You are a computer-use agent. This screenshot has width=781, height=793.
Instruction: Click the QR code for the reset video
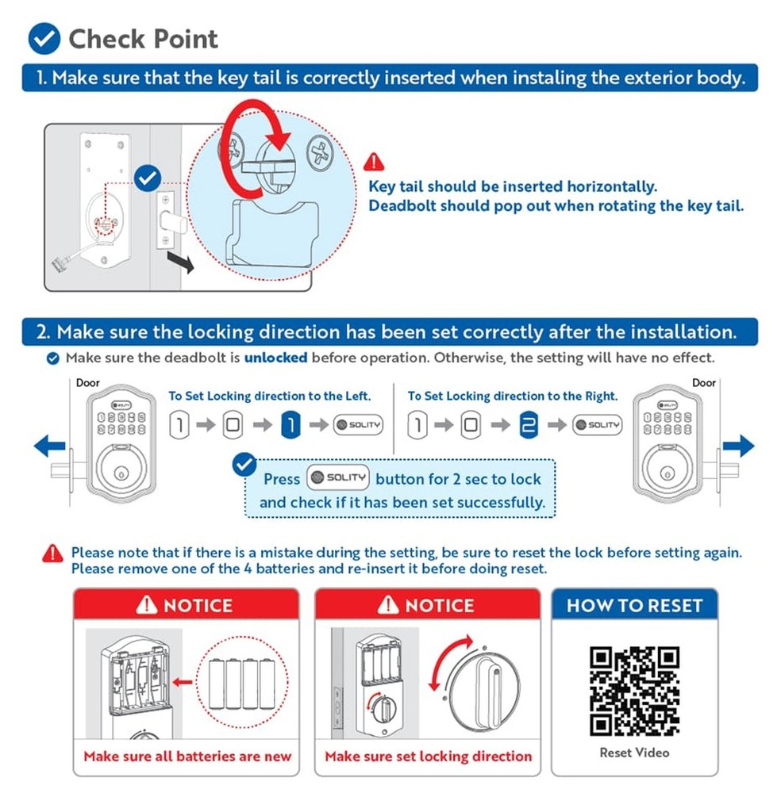coord(634,691)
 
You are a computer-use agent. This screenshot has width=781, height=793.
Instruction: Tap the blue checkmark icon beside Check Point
coord(44,37)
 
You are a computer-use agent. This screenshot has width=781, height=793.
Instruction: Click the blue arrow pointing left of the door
coord(49,446)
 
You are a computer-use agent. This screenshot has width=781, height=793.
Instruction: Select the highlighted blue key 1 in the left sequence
coord(290,425)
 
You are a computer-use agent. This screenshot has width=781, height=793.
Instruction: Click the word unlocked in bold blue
coord(275,358)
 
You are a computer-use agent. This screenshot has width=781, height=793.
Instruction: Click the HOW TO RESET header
coord(634,606)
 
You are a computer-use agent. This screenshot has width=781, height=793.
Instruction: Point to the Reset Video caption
coord(634,753)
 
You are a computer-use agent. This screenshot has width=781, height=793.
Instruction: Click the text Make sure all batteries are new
coord(187,756)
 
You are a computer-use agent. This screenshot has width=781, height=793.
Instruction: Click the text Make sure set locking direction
coord(429,756)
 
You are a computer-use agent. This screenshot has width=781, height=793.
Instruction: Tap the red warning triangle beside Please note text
coord(52,553)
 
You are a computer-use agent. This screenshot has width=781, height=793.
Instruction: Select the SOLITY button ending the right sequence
coord(597,425)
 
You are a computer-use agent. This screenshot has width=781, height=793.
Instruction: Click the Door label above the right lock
coord(703,382)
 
